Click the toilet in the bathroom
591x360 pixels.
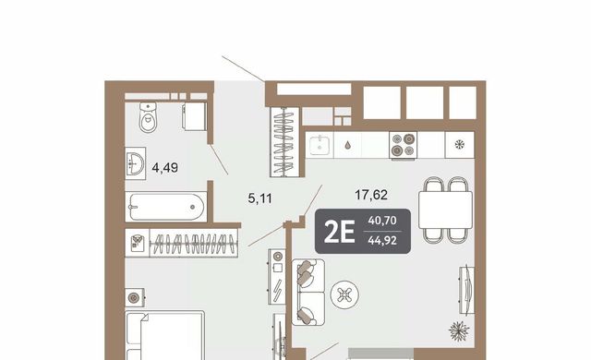[x=148, y=117]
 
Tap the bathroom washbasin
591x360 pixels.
[x=135, y=163]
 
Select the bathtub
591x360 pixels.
[x=166, y=207]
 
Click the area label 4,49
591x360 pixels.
[x=164, y=168]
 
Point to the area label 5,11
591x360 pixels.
[x=259, y=198]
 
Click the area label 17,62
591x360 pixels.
[x=371, y=195]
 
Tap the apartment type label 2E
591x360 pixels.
[x=339, y=232]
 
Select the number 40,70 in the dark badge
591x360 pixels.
[x=382, y=221]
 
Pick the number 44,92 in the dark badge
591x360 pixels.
[x=382, y=240]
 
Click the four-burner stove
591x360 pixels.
[x=404, y=145]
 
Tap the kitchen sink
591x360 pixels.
[x=320, y=146]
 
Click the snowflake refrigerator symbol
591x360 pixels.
[x=460, y=144]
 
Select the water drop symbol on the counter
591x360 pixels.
[x=347, y=145]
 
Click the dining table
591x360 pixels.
[x=445, y=210]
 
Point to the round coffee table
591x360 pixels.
[x=344, y=294]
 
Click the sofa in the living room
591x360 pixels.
[x=308, y=292]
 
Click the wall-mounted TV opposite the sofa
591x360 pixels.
[x=466, y=290]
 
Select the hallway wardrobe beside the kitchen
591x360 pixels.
[x=285, y=142]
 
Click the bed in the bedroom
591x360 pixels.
[x=165, y=335]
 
